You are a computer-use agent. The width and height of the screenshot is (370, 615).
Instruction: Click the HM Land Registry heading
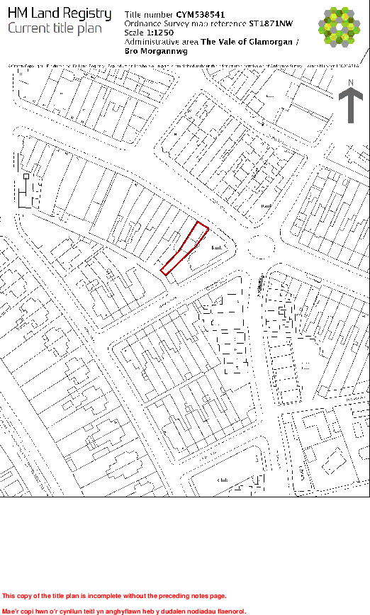(60, 14)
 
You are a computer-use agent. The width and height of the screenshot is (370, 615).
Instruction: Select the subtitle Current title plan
(55, 28)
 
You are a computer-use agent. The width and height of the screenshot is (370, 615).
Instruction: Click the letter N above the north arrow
(350, 82)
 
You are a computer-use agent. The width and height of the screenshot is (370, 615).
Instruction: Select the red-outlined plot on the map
(185, 248)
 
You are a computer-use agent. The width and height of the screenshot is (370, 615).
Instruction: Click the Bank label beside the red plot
(218, 247)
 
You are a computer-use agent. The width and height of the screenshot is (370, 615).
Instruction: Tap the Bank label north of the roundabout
(267, 206)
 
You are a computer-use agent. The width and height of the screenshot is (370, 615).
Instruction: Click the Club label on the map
(223, 480)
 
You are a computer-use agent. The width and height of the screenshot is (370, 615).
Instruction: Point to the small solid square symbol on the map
(26, 176)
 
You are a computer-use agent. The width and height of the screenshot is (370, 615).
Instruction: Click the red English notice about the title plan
(124, 596)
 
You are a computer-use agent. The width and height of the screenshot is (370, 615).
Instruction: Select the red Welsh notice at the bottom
(124, 610)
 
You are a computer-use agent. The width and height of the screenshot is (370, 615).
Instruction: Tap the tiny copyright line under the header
(184, 65)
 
